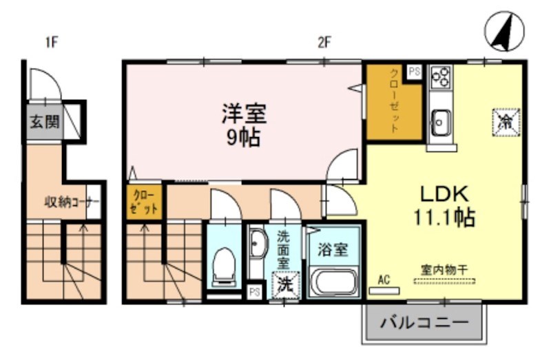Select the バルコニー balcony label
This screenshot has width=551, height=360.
[x=424, y=322]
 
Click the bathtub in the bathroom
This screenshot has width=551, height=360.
[x=333, y=282]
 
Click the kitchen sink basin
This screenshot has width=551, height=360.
[x=438, y=124]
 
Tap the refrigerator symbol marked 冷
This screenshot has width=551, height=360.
[x=506, y=123]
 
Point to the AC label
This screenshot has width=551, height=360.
[x=384, y=279]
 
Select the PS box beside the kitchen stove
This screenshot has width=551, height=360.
[x=414, y=71]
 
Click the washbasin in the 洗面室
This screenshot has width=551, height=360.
[x=258, y=245]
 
